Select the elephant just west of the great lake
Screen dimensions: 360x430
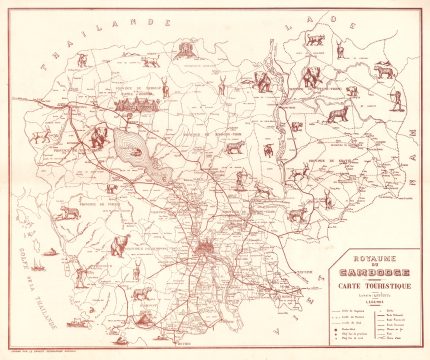coord(98,137)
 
